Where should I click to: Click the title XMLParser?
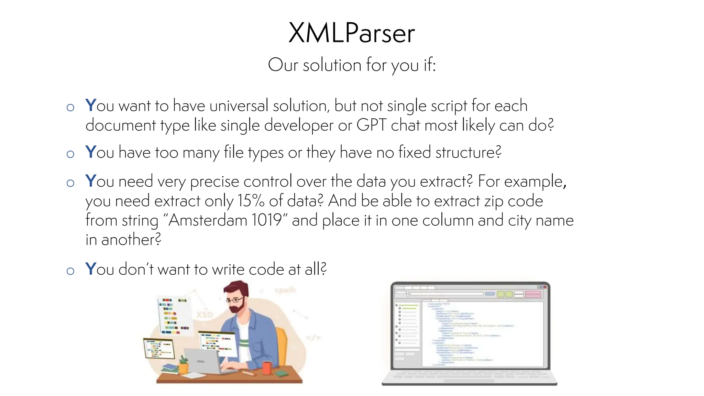[352, 33]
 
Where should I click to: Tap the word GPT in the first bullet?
[372, 125]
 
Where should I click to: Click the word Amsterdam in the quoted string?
[208, 220]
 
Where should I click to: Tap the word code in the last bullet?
[266, 269]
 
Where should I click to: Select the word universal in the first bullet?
[239, 106]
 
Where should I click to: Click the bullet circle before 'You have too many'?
[70, 154]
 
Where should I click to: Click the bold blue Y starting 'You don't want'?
[90, 269]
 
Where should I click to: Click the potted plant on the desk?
[184, 365]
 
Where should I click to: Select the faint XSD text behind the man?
[205, 315]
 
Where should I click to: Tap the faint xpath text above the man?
[285, 290]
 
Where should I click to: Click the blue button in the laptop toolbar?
[490, 294]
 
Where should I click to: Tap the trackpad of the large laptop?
[469, 381]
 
